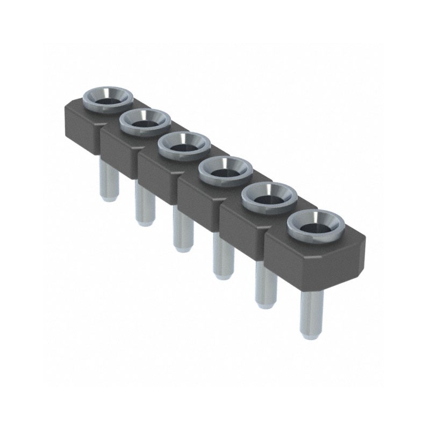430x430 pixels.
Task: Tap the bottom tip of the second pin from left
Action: click(144, 223)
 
